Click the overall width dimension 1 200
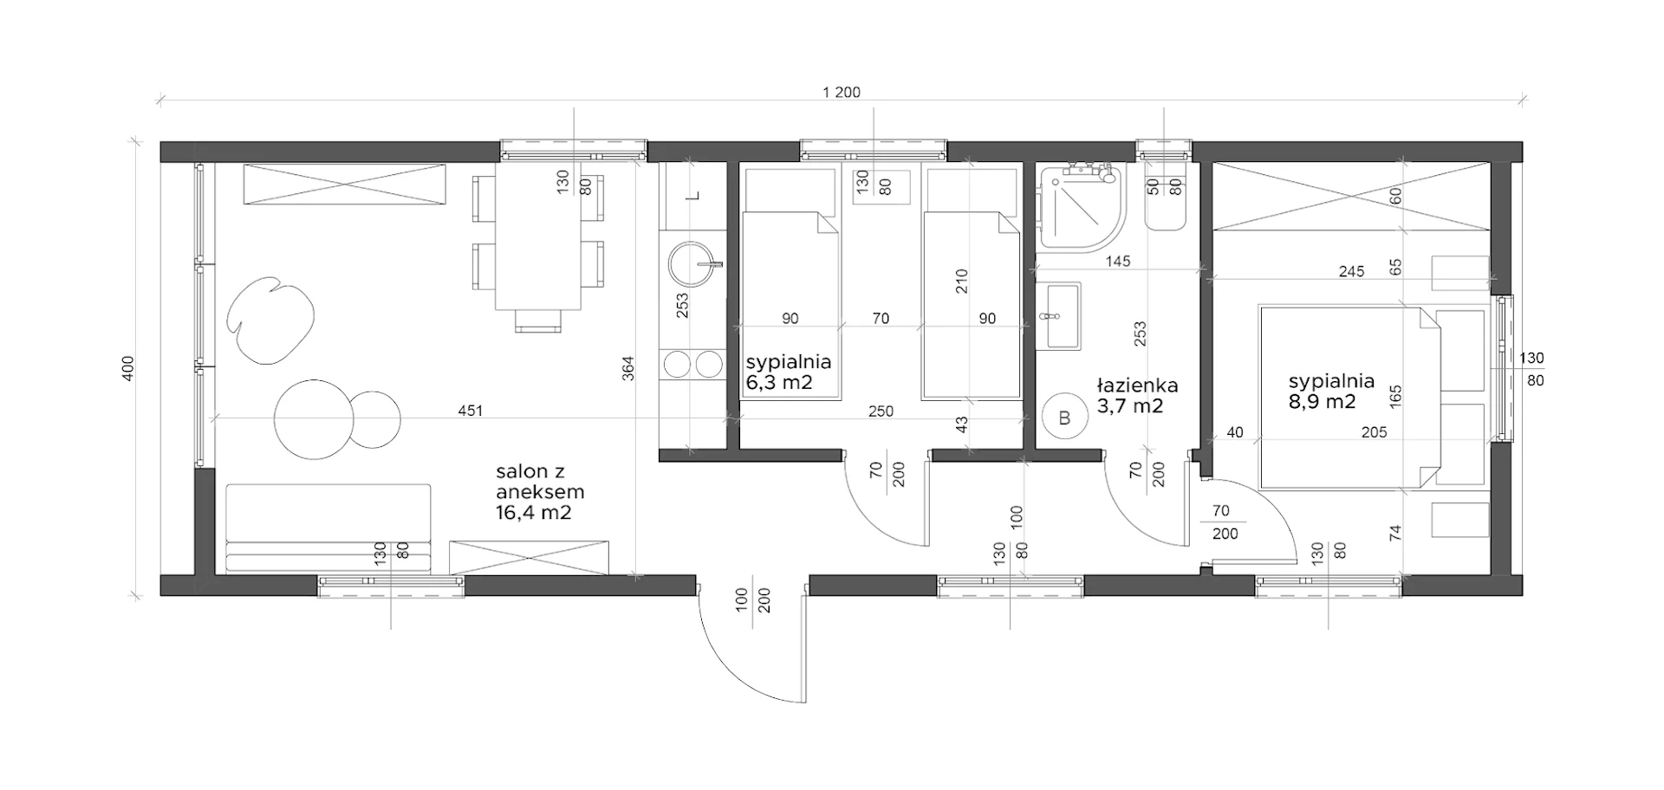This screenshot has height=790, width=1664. click(842, 93)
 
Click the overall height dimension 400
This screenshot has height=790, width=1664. click(128, 368)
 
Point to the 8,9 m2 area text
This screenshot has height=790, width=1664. click(1322, 402)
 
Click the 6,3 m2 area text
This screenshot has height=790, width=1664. click(779, 382)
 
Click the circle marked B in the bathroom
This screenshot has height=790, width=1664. click(1065, 418)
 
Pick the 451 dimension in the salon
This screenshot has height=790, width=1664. click(470, 411)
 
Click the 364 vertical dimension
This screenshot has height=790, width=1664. click(628, 368)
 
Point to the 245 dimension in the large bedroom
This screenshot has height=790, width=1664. click(1351, 271)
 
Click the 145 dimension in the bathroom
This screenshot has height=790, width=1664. click(1118, 261)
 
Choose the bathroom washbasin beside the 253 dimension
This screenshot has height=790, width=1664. click(1060, 316)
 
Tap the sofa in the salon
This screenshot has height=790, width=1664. click(328, 528)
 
